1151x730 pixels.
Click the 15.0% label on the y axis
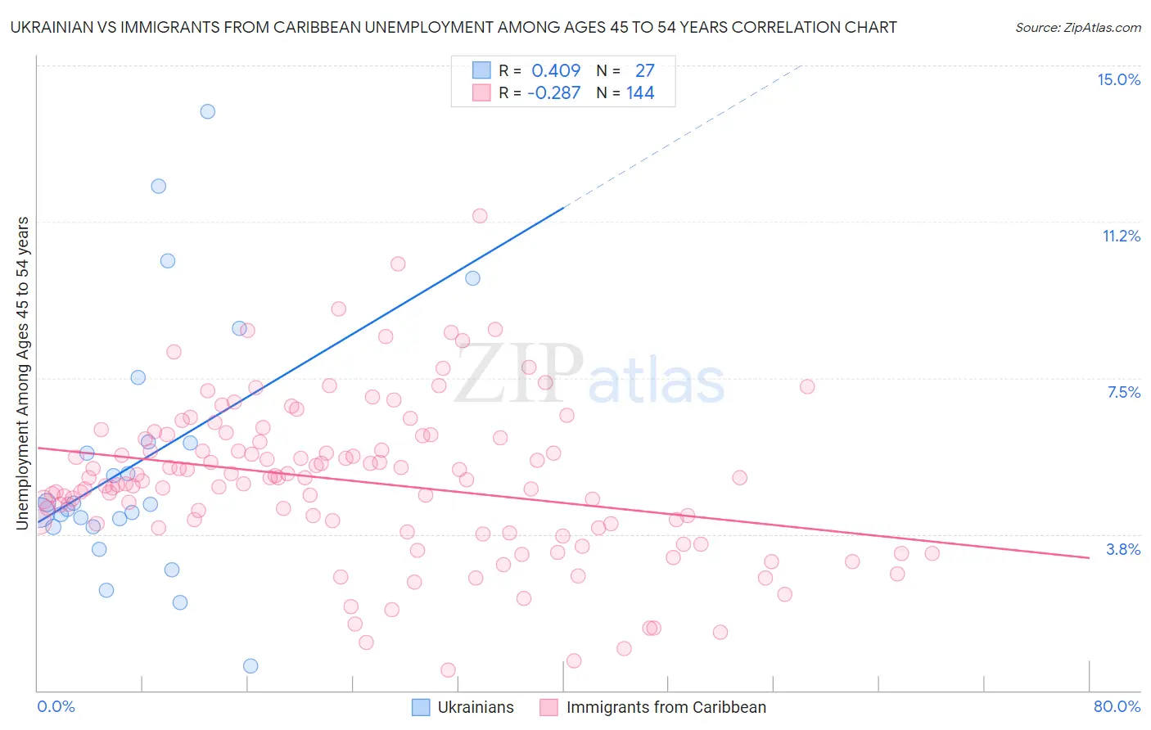[x=1118, y=79]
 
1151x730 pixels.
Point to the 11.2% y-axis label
[x=1121, y=236]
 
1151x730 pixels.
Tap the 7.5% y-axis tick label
[x=1123, y=392]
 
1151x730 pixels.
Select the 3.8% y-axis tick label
[x=1123, y=549]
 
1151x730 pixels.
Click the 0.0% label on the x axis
[x=56, y=706]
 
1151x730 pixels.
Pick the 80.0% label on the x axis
[x=1117, y=706]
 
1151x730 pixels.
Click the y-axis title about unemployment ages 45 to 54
[x=22, y=373]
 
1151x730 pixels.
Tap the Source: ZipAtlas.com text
[x=1077, y=27]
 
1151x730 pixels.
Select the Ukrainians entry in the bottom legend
[x=475, y=707]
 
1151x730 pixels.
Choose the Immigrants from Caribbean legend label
[x=666, y=707]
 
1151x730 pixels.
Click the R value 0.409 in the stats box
[x=556, y=70]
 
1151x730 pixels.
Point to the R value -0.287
[x=553, y=92]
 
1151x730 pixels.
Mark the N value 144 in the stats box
[x=640, y=92]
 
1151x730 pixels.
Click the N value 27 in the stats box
[x=644, y=70]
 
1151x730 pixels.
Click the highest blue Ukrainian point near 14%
[x=208, y=111]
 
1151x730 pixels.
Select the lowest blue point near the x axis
[x=251, y=665]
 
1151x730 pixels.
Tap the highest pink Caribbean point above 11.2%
[x=480, y=216]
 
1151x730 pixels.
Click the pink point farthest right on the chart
[x=932, y=553]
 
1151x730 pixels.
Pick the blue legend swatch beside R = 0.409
[x=481, y=70]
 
